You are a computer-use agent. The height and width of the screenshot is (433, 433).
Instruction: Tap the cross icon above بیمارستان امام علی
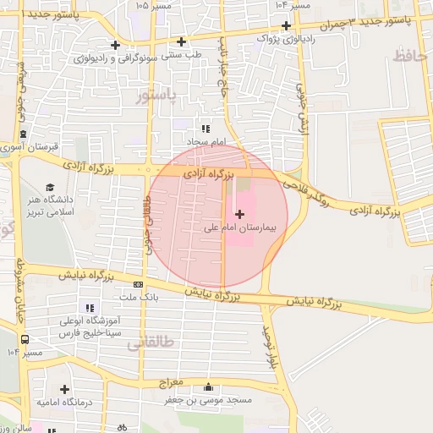click(238, 215)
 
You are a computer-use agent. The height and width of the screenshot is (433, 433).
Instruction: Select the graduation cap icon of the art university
click(50, 187)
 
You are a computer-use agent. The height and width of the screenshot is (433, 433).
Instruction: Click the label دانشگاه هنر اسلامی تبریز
click(50, 206)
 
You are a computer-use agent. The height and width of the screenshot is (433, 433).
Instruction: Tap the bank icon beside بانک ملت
click(137, 285)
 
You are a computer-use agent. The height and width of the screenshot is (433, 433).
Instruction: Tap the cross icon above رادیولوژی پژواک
click(288, 25)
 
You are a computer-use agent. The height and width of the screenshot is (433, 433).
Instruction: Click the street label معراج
click(171, 382)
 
